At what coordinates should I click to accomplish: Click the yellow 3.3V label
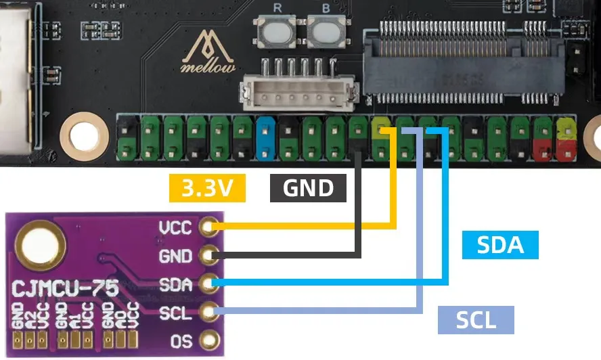point(206,189)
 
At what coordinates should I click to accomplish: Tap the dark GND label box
point(308,188)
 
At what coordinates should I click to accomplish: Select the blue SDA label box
point(500,245)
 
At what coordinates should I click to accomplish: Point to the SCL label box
point(476,320)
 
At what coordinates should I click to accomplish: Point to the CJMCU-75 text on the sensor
point(65,290)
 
